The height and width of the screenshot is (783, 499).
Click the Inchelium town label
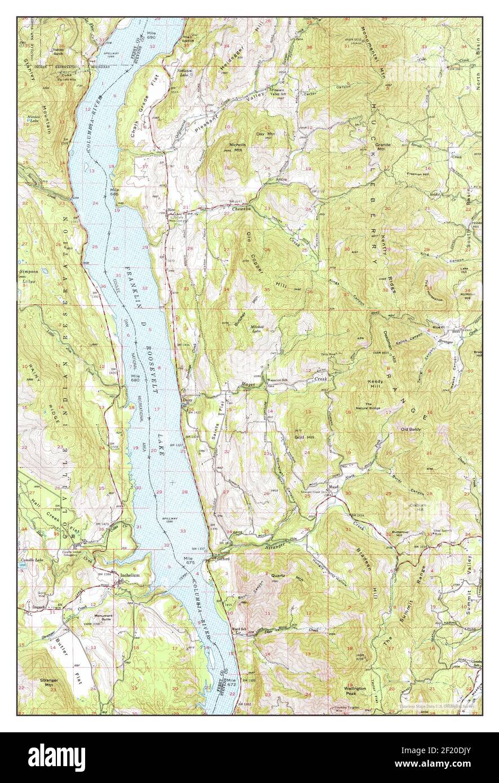(x=126, y=575)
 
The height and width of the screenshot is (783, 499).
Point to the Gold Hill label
(x=304, y=437)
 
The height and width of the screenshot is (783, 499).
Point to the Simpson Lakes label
(x=28, y=276)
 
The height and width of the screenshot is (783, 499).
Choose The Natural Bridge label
(x=376, y=407)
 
